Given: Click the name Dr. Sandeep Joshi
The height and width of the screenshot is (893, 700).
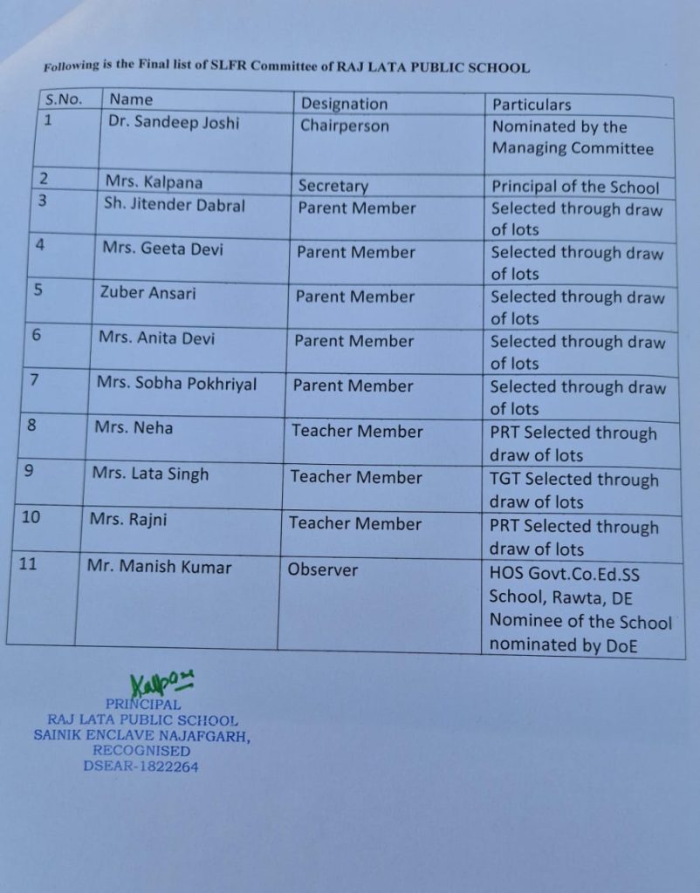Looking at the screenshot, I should [x=173, y=123].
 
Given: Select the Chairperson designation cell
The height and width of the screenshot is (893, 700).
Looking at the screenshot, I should [x=345, y=126].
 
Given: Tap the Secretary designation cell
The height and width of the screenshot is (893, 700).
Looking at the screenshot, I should [x=333, y=186].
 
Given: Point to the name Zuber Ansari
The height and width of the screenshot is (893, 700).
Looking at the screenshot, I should [x=148, y=293].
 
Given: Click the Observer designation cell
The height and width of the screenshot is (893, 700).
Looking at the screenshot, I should [x=323, y=569].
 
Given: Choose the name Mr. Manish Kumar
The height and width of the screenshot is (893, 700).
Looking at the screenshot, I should [x=159, y=567].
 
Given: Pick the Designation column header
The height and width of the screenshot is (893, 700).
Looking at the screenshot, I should [x=344, y=104].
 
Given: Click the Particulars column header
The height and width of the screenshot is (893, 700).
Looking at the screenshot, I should [x=532, y=106].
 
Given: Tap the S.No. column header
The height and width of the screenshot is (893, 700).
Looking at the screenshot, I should [x=64, y=100].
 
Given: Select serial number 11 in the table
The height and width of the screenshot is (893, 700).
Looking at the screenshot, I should [x=28, y=563].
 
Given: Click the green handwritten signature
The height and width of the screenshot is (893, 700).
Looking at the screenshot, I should [x=161, y=684].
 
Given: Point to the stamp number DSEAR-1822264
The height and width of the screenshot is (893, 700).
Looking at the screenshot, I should [x=141, y=767].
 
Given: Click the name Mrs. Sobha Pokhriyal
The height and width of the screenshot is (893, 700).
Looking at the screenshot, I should [x=177, y=384].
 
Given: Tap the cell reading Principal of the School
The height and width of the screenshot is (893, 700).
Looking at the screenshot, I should [x=575, y=187].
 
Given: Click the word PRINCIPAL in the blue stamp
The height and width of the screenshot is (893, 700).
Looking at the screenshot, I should [x=143, y=704].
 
